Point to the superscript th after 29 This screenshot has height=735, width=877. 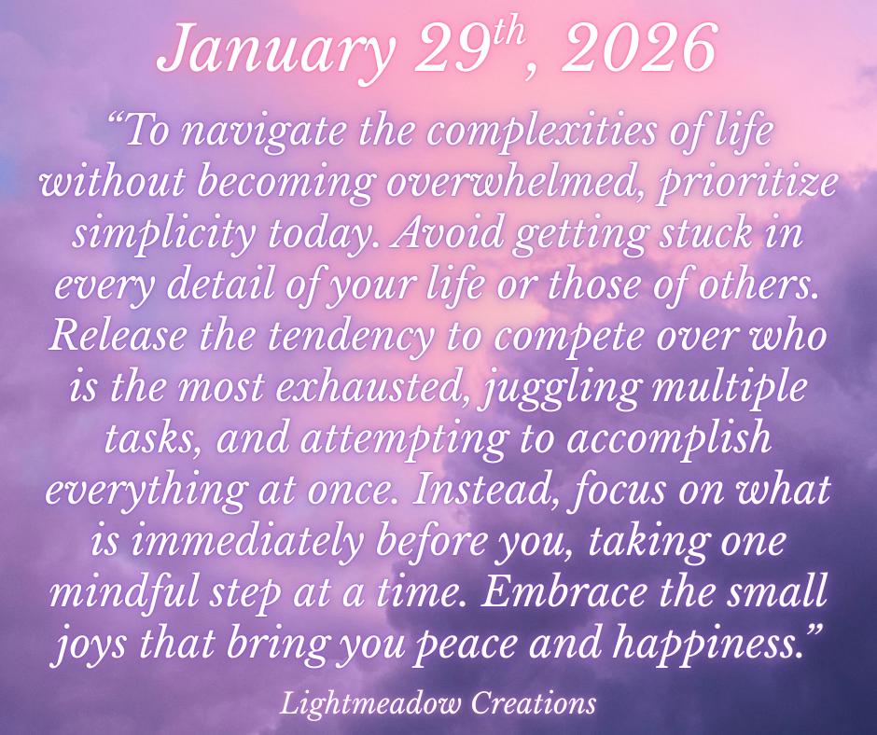coord(507,33)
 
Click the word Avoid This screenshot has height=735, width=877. coord(448,233)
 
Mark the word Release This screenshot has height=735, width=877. coord(118,336)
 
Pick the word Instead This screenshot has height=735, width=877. coord(487,490)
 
